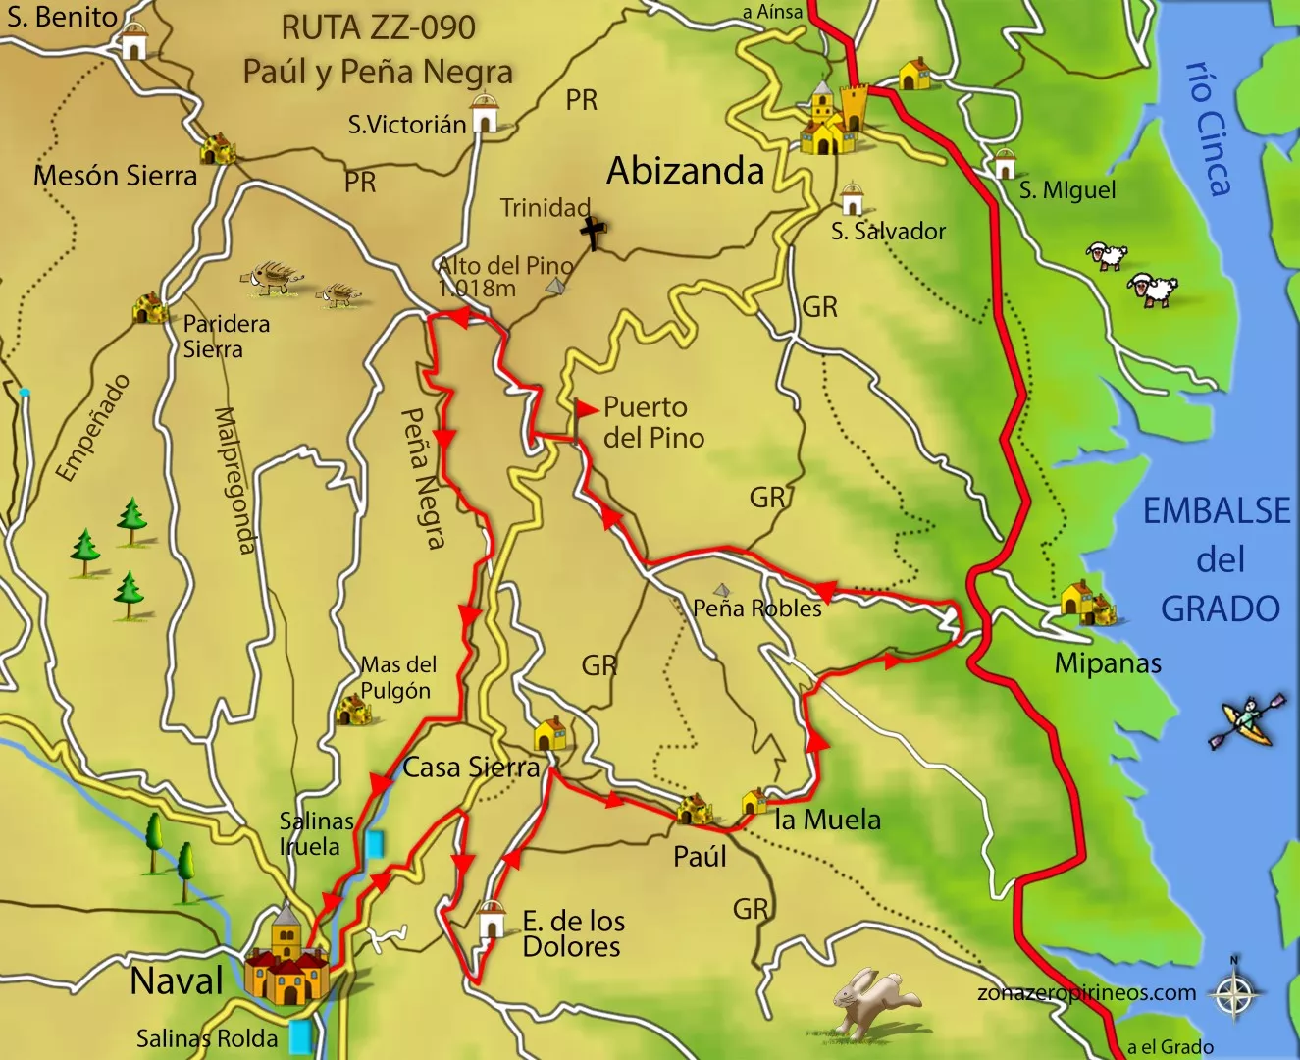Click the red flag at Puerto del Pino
[586, 408]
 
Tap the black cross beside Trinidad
[593, 234]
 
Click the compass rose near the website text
[1234, 992]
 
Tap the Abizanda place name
[685, 171]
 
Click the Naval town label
[177, 980]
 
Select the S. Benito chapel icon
[133, 42]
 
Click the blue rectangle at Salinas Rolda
[300, 1036]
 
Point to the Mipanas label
[1107, 663]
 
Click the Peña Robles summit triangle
[723, 590]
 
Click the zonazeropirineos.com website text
[1086, 992]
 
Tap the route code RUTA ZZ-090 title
[379, 27]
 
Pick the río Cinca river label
[1209, 128]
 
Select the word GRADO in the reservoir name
[1220, 609]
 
